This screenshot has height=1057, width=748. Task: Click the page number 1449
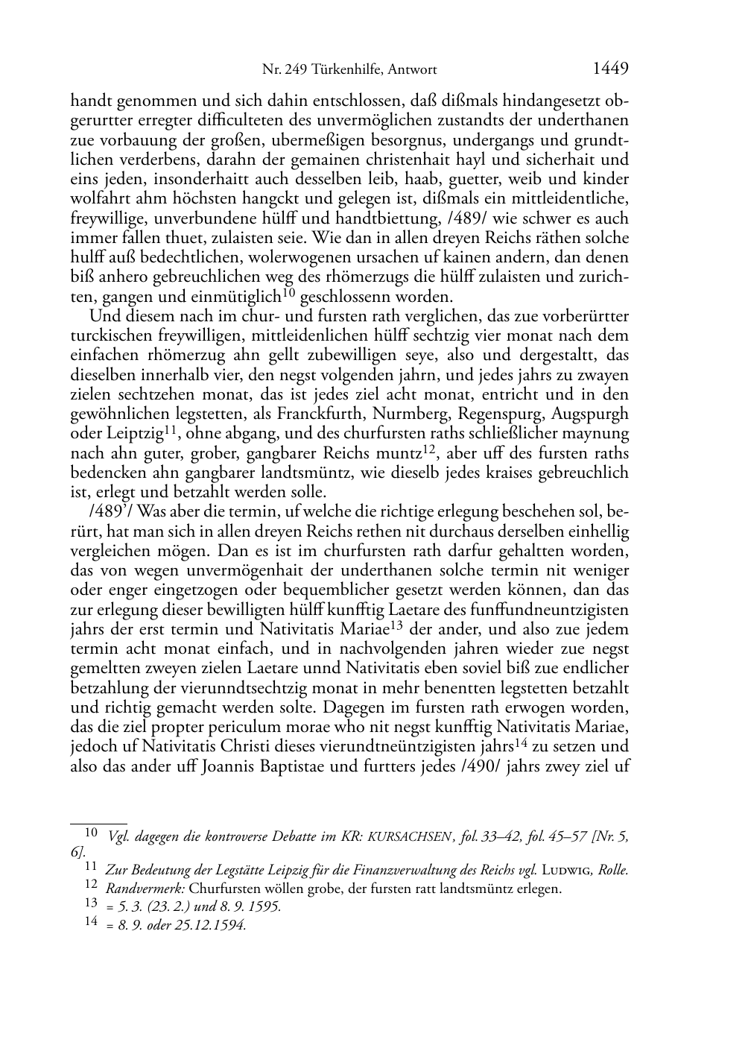611,69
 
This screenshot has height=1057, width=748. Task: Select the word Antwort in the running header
411,71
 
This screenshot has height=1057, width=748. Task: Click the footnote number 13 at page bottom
92,906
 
